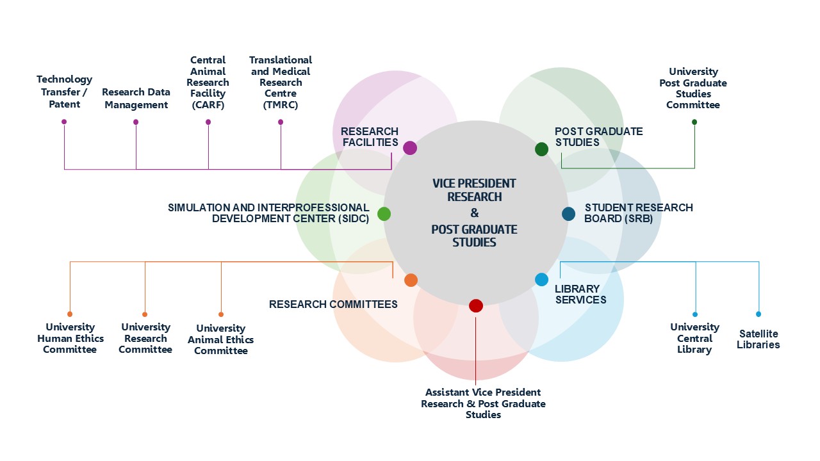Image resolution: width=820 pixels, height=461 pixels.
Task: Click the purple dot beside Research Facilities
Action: [x=410, y=148]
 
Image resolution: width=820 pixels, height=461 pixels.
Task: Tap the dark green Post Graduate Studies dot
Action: [x=541, y=149]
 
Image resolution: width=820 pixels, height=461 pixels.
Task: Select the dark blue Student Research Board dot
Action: [x=568, y=214]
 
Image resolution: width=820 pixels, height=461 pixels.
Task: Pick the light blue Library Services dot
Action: [x=541, y=279]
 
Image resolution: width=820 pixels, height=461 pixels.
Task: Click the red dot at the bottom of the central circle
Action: [x=475, y=305]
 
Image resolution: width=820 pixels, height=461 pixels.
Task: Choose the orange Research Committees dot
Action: [x=411, y=280]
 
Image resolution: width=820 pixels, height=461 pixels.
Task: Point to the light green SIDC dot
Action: [x=384, y=214]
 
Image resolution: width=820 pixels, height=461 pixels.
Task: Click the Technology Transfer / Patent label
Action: [x=64, y=91]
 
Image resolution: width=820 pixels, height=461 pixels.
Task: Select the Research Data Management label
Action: [x=136, y=99]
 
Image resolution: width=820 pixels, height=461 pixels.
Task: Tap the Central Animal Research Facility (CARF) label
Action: [x=208, y=83]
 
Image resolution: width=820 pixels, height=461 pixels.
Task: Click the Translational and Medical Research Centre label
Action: [x=281, y=83]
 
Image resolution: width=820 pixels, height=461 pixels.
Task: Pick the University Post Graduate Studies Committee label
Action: [x=693, y=88]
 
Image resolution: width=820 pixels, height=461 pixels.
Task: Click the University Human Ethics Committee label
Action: [x=70, y=338]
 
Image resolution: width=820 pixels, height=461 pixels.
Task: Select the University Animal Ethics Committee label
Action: [x=220, y=339]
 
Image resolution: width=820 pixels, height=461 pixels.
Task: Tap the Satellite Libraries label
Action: [x=758, y=339]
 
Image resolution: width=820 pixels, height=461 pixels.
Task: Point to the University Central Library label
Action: [x=694, y=338]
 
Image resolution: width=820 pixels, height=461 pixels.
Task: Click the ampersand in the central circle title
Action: [x=474, y=213]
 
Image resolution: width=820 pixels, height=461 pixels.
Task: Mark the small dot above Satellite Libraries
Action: [x=758, y=314]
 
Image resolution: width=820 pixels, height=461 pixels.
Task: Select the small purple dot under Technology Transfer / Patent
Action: [x=64, y=122]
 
